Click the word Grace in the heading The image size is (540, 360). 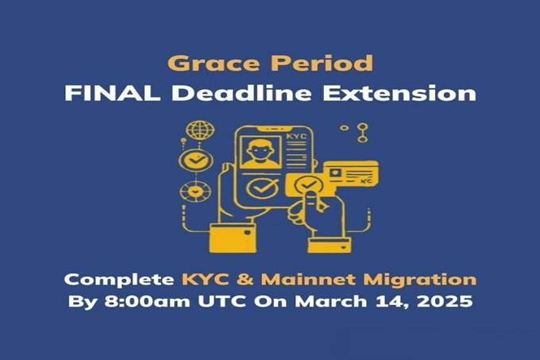tap(214, 63)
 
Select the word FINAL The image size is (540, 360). tap(112, 93)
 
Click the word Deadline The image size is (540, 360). tap(241, 93)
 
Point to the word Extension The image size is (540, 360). tap(399, 93)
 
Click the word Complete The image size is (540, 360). tap(119, 280)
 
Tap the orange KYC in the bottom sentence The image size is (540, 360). tap(205, 279)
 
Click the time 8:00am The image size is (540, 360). tap(147, 301)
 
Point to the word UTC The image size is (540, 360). tap(222, 301)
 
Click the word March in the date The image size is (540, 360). tap(331, 301)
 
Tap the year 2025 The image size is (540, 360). tap(445, 301)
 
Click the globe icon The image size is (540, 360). tap(200, 130)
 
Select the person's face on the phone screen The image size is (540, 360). tap(260, 153)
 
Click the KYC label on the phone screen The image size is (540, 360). tap(296, 137)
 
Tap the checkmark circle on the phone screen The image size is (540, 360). tap(262, 188)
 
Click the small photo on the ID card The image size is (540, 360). tap(335, 172)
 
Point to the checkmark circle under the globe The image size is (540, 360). tap(195, 161)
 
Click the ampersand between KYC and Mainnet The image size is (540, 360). tap(245, 280)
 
